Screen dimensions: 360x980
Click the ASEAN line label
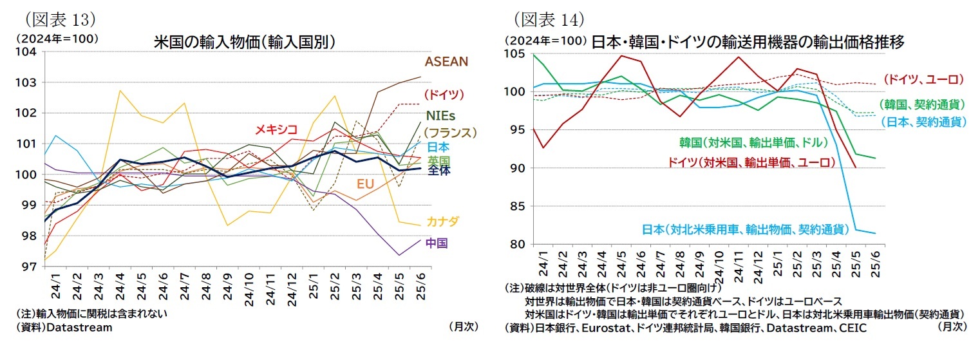coord(446,62)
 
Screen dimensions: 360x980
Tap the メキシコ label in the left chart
coord(276,130)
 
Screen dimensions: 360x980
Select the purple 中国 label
coord(437,243)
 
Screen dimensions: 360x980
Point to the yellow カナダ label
coord(442,222)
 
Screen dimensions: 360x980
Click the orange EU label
coord(365,184)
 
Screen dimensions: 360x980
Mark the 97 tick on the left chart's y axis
coord(30,266)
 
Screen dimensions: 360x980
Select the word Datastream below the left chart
coord(80,327)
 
